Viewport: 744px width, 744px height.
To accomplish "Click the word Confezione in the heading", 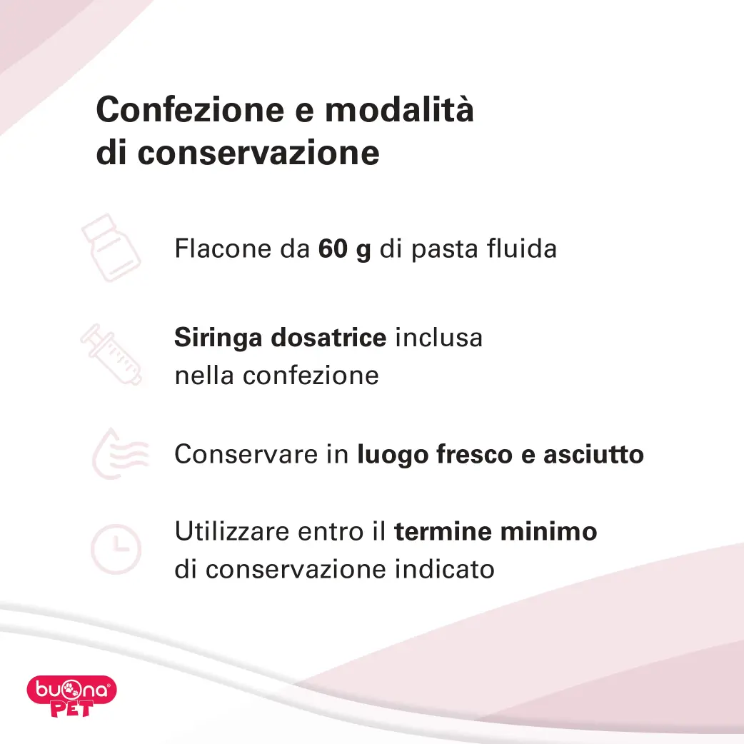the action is click(190, 110).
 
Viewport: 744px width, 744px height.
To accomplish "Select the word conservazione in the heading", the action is click(258, 154).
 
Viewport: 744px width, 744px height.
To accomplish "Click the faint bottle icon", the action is click(111, 248).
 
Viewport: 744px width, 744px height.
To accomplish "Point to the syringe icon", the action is click(111, 354).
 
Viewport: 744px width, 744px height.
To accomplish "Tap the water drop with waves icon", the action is click(120, 453).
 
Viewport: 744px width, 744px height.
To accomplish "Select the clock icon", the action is click(116, 550).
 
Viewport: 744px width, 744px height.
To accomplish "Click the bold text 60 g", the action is click(344, 249).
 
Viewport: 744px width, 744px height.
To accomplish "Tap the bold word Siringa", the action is click(218, 338).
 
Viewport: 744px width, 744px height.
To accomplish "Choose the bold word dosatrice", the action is click(328, 338).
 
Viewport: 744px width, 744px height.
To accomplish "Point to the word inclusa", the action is click(439, 338).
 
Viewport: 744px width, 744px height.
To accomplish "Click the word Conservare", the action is click(246, 454).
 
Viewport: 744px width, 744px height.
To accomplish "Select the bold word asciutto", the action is click(593, 454).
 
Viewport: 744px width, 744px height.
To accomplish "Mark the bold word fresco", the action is click(475, 455).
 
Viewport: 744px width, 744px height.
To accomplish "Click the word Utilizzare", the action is click(232, 531).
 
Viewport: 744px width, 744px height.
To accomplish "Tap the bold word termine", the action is click(443, 531).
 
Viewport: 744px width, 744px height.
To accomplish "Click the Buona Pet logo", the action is click(71, 695).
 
